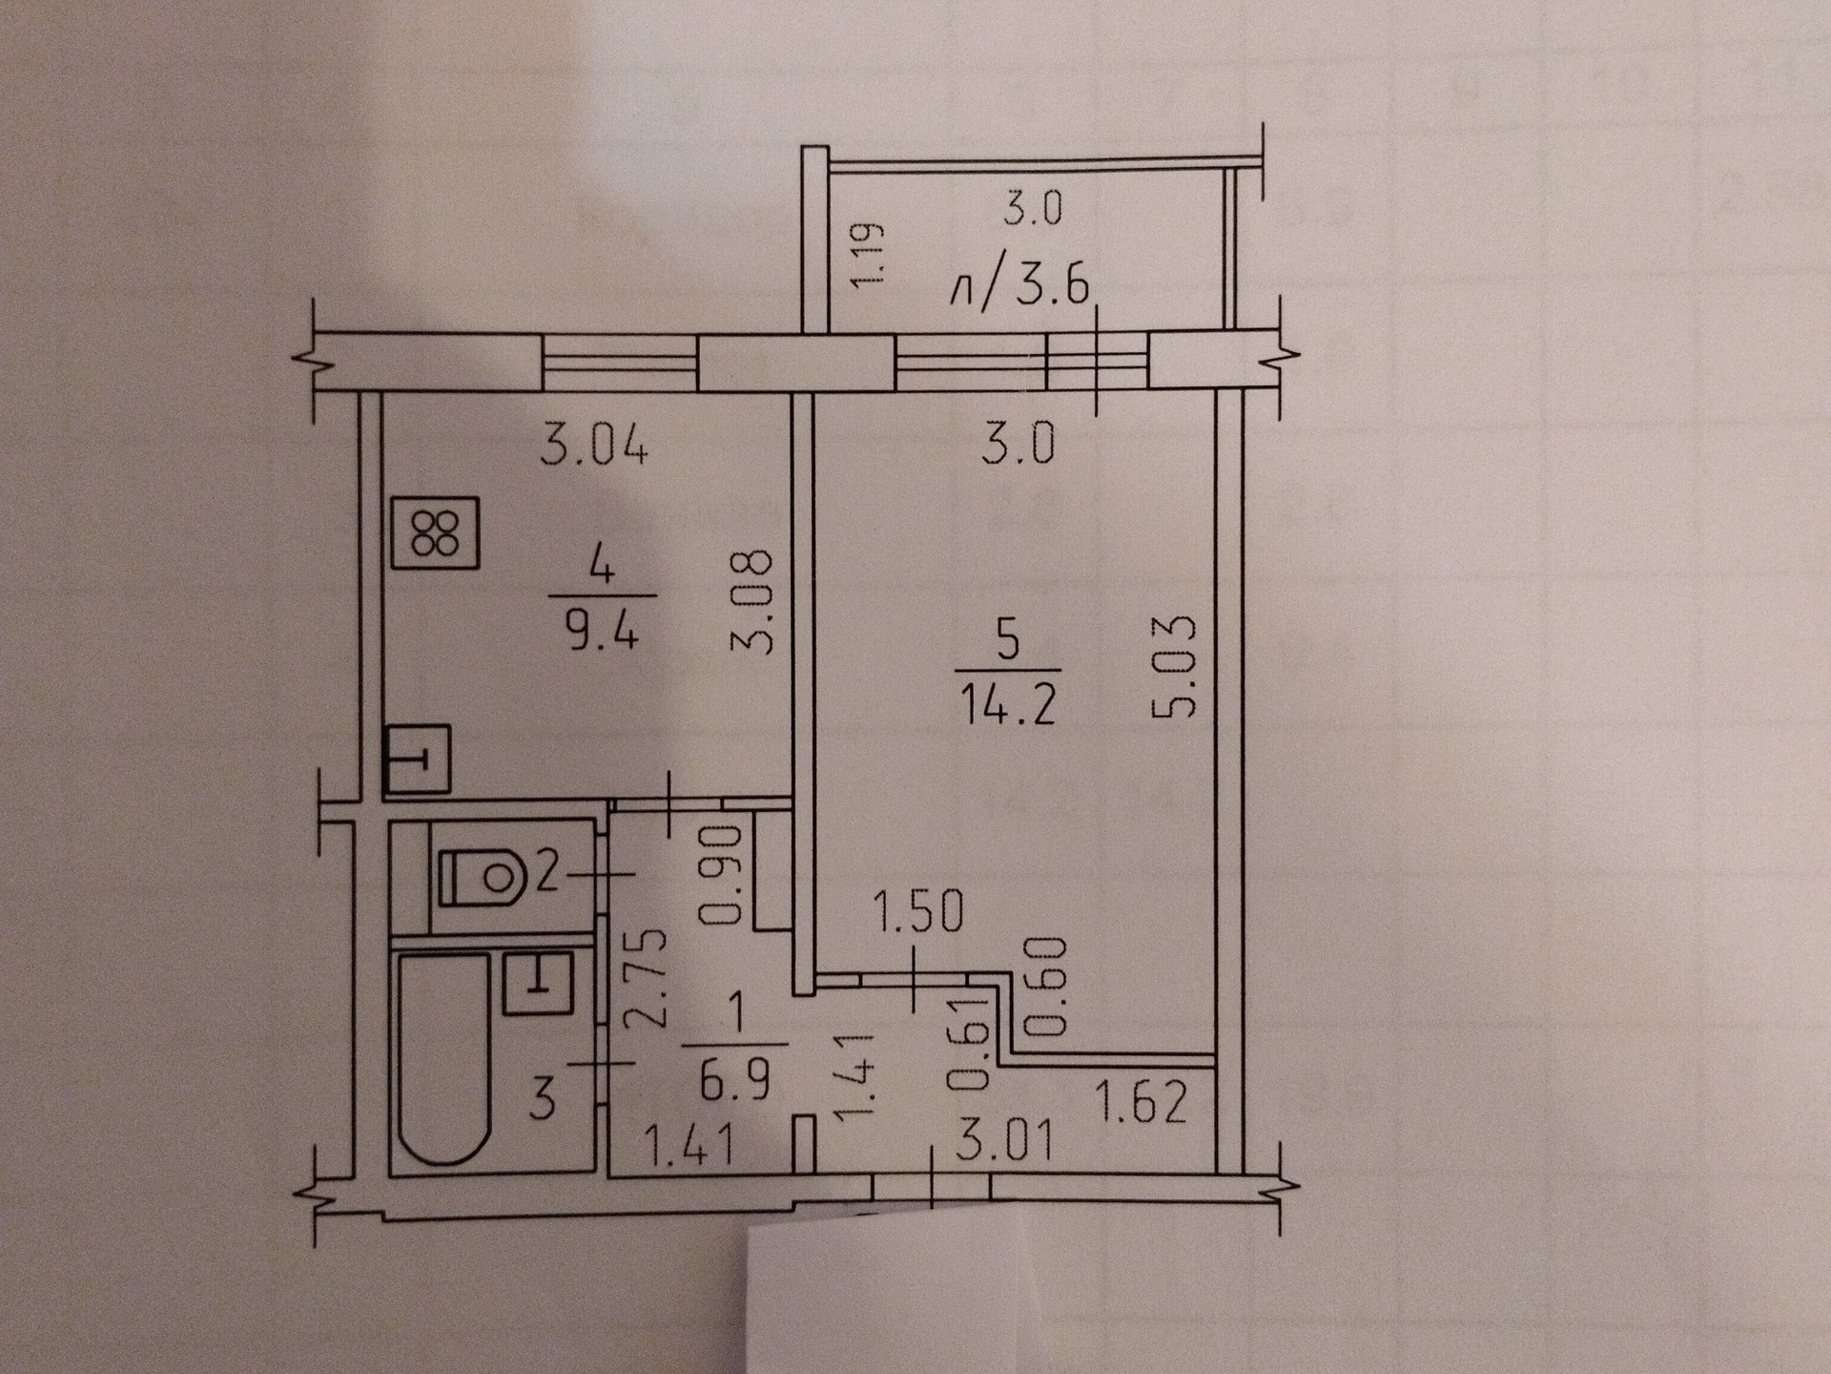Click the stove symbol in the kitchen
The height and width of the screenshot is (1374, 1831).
pyautogui.click(x=435, y=534)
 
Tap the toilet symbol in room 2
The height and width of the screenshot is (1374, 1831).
pyautogui.click(x=483, y=876)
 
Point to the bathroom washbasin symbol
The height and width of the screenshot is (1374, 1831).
pyautogui.click(x=538, y=983)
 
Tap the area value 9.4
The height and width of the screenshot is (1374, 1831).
pyautogui.click(x=601, y=631)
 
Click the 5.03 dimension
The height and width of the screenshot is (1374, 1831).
pyautogui.click(x=1173, y=665)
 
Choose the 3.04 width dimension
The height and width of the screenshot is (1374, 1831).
pyautogui.click(x=594, y=446)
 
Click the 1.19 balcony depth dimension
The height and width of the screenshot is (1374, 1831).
pyautogui.click(x=869, y=255)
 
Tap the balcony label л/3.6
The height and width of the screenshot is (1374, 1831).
pyautogui.click(x=1019, y=285)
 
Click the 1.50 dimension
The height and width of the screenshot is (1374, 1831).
pyautogui.click(x=918, y=912)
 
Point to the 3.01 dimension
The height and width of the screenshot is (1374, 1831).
pyautogui.click(x=1004, y=1141)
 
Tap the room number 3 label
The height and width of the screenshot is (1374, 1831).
pyautogui.click(x=542, y=1098)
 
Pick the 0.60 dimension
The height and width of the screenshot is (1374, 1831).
pyautogui.click(x=1045, y=988)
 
